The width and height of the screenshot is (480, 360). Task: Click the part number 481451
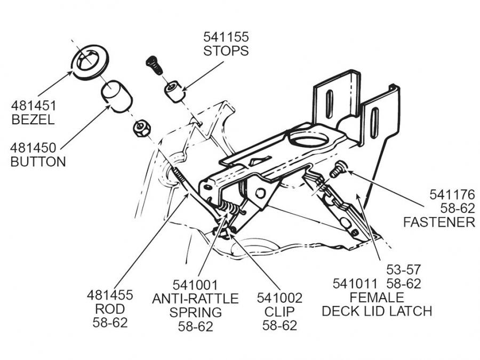click(33, 106)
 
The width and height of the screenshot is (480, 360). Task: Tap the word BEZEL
click(33, 120)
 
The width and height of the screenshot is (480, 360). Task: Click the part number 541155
click(226, 37)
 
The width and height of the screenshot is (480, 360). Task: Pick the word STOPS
click(226, 51)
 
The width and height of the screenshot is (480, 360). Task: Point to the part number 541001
click(195, 284)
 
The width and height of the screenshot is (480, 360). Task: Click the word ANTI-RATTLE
click(195, 298)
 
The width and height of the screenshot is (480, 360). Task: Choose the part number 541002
click(280, 298)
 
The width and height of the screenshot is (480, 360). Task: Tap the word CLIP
click(280, 311)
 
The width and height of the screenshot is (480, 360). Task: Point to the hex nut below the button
click(141, 128)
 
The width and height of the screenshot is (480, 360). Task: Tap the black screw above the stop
click(153, 66)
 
